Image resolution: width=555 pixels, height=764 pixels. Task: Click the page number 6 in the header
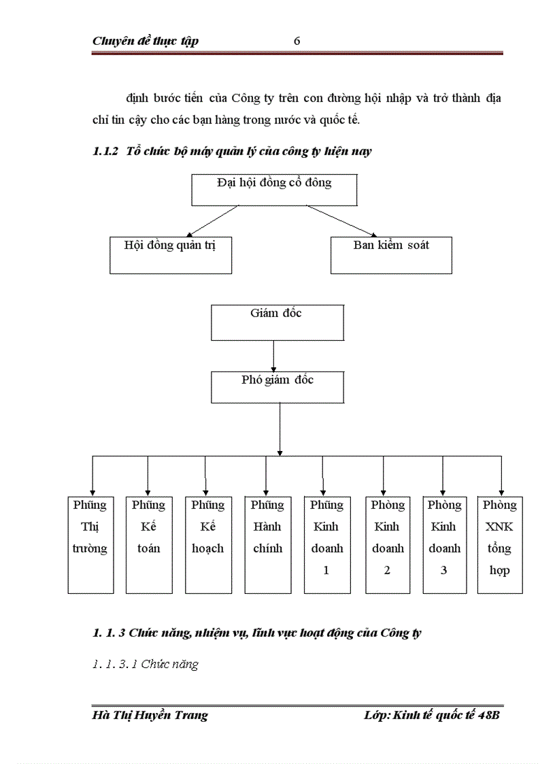click(x=297, y=41)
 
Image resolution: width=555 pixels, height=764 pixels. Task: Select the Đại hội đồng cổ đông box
click(x=274, y=189)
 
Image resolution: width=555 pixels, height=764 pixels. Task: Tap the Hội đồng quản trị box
click(x=170, y=254)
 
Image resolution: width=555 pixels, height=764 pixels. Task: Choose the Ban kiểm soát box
click(x=391, y=254)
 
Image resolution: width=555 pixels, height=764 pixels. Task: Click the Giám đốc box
click(x=277, y=322)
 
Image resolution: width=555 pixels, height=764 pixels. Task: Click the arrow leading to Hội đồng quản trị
click(x=203, y=220)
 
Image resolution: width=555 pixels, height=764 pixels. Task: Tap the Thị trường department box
click(x=90, y=544)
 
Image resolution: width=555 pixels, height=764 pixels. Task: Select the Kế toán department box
click(x=149, y=544)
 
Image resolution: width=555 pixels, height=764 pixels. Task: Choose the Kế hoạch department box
click(x=207, y=544)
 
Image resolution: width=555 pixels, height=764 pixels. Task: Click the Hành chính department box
click(x=267, y=544)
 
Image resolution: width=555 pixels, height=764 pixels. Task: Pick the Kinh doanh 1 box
click(x=327, y=544)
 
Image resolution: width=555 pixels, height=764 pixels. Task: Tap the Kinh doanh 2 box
click(x=388, y=544)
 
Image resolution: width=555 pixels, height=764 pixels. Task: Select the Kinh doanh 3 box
click(x=444, y=544)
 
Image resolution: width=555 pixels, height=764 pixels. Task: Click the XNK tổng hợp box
click(x=500, y=544)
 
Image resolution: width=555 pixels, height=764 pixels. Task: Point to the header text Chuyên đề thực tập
click(x=146, y=41)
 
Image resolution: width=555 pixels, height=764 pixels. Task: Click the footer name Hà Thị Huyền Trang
click(x=150, y=715)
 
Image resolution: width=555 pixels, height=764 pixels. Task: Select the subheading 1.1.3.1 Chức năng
click(x=145, y=665)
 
